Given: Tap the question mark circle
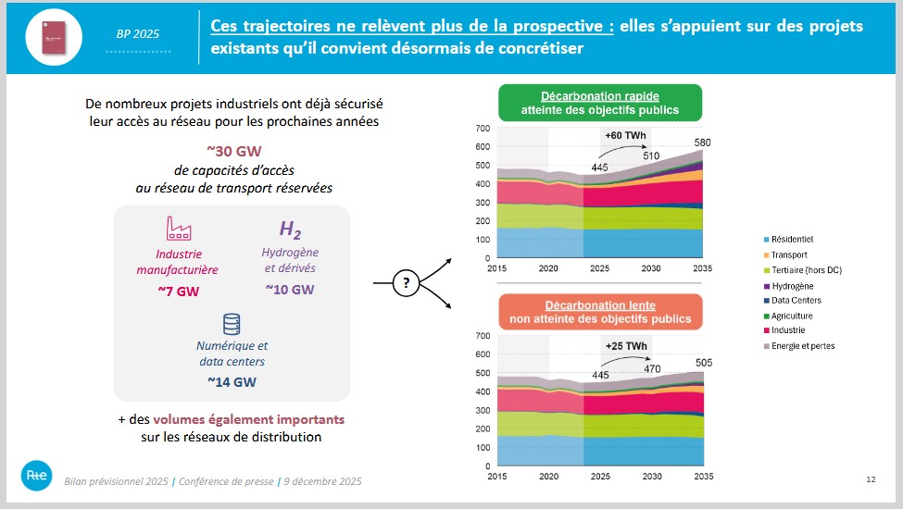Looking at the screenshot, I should point(405,283).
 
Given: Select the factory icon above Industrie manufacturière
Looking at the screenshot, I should point(178,228).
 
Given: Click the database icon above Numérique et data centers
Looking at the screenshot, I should point(232,324).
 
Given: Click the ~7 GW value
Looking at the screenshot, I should point(178,292).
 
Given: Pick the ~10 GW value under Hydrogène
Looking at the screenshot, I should point(290,289).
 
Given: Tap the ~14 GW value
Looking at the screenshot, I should point(232,380).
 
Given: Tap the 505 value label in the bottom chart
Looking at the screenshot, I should point(706,362).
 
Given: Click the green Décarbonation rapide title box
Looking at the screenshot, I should point(600,103).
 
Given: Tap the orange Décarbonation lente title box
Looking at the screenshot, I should point(600,312).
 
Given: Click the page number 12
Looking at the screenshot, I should point(870,479).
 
